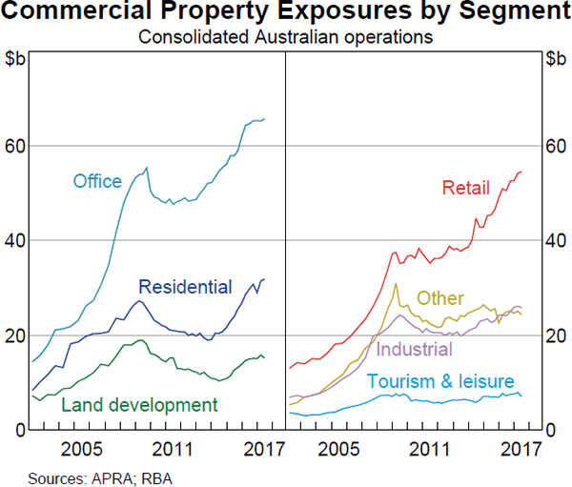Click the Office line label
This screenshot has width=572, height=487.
[x=97, y=181]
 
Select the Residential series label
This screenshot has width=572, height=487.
[x=185, y=287]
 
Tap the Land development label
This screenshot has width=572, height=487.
[x=139, y=405]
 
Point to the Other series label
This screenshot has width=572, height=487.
[x=440, y=299]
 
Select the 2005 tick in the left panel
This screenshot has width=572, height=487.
[x=83, y=449]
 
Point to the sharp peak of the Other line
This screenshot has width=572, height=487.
[x=396, y=283]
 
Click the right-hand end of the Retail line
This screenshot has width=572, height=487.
[x=521, y=172]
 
